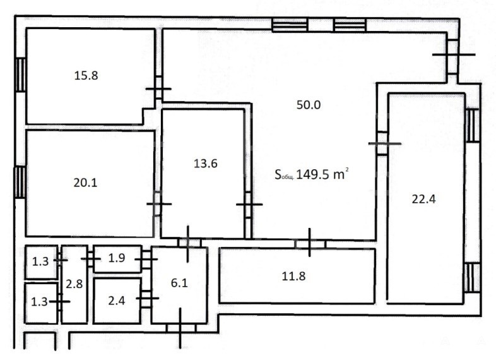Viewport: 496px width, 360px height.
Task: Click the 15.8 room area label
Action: [86, 76]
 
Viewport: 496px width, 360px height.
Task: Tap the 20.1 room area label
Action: [85, 183]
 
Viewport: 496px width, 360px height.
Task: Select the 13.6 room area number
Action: [206, 164]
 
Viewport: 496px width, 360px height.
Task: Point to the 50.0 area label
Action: [309, 105]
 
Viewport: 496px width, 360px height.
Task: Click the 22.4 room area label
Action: [424, 199]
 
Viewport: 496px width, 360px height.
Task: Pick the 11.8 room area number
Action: [293, 276]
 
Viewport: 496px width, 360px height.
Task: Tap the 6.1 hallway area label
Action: [179, 283]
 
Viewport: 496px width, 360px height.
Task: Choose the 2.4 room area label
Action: [117, 301]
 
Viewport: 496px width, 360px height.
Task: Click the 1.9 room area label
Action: [117, 258]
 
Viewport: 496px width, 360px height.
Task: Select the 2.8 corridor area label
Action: [74, 284]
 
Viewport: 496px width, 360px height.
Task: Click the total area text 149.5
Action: [312, 174]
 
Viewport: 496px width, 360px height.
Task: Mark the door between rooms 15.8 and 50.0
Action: [158, 89]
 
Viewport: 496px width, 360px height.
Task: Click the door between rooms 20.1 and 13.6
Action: [158, 204]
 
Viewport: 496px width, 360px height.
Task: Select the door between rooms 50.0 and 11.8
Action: [310, 243]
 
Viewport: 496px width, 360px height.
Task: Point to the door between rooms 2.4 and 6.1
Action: [146, 298]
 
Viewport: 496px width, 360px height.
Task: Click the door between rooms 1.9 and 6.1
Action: [146, 260]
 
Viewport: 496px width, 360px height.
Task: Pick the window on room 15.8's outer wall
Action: [21, 75]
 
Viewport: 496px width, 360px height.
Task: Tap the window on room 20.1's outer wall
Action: [20, 183]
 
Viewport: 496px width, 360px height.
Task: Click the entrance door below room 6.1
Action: [180, 328]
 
